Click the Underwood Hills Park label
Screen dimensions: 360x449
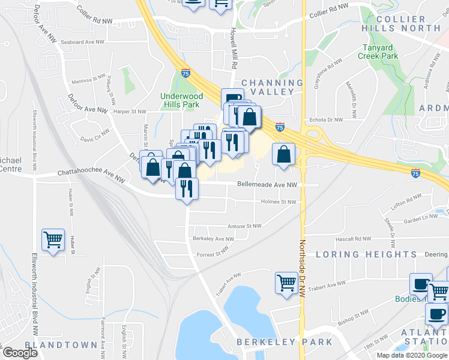pos(181,100)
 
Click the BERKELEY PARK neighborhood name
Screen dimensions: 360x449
pos(284,342)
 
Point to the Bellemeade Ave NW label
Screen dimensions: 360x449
pos(267,185)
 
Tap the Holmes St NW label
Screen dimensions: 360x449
pos(279,202)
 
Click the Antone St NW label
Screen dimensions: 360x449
pos(244,226)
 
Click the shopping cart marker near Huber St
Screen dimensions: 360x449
pos(53,240)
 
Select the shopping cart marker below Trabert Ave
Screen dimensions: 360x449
pos(286,282)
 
